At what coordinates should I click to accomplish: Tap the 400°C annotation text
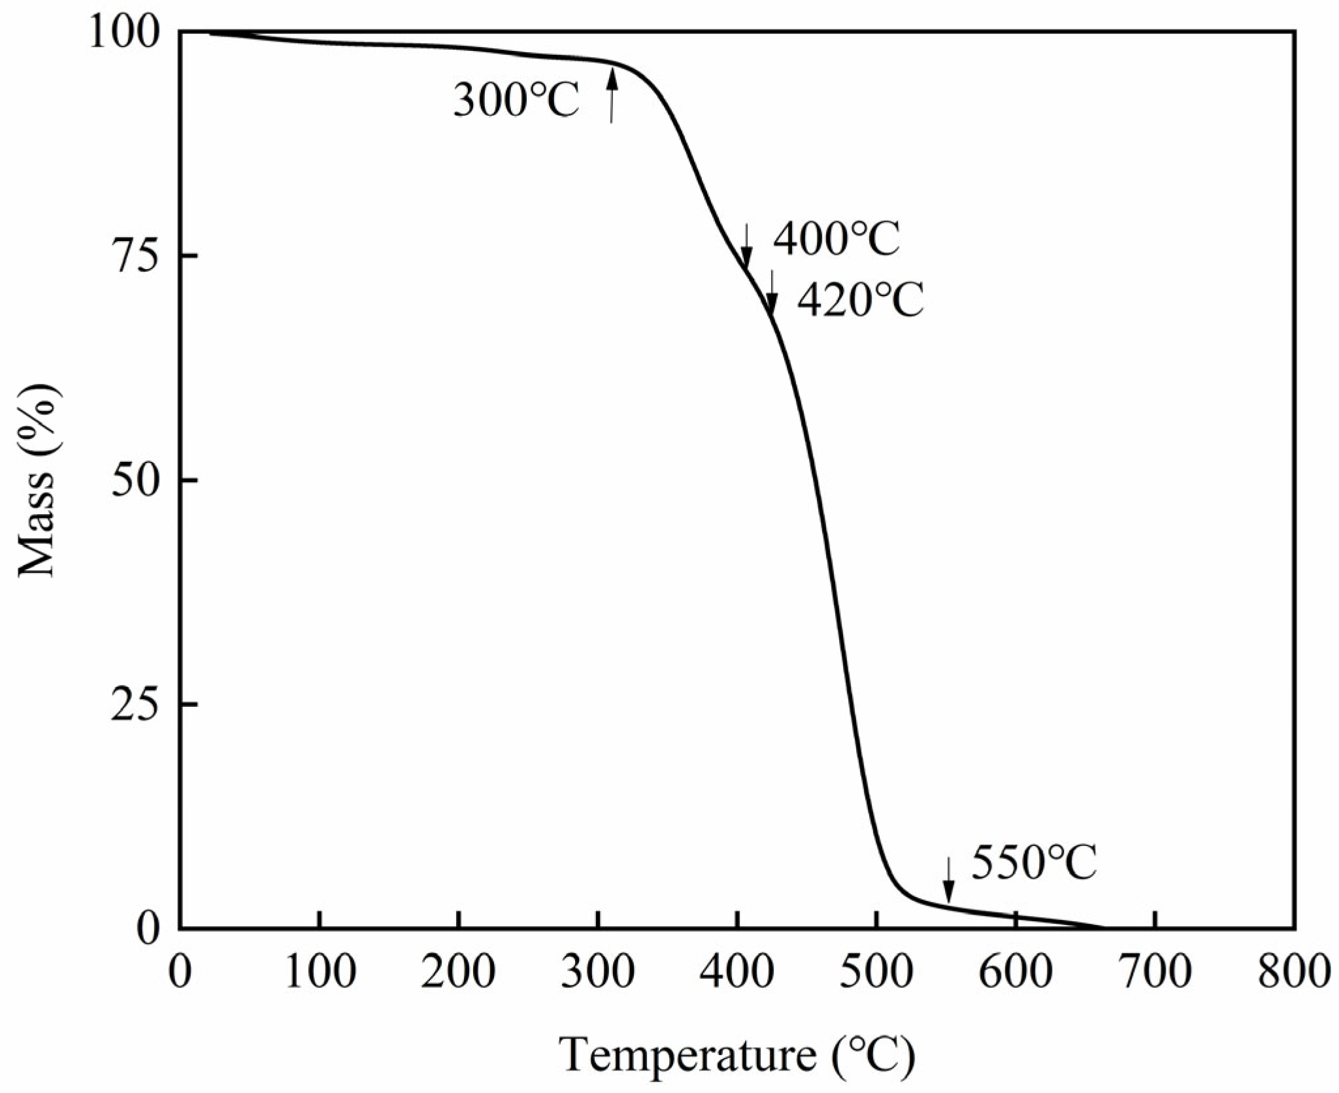click(x=837, y=239)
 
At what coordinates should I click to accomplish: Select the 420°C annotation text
click(x=861, y=301)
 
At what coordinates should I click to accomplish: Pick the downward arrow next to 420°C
click(x=772, y=292)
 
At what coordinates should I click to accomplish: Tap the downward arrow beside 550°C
click(x=948, y=880)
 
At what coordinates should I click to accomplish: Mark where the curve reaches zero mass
click(x=1103, y=927)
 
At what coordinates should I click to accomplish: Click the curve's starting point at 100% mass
click(x=210, y=33)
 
